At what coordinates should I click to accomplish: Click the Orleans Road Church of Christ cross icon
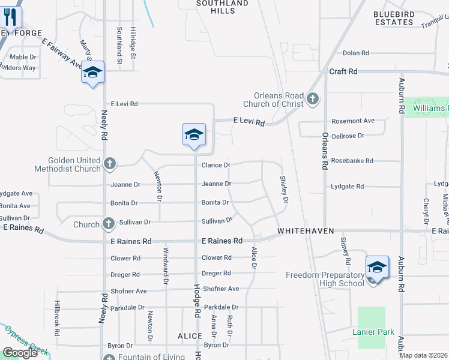(x=312, y=98)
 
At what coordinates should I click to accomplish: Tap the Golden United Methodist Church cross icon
(x=109, y=163)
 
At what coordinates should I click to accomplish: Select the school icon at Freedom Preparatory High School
(x=377, y=267)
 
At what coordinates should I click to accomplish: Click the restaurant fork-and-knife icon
(x=11, y=18)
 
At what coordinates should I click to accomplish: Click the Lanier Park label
(x=373, y=332)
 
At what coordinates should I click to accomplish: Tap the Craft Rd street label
(x=343, y=71)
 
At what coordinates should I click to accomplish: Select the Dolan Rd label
(x=356, y=53)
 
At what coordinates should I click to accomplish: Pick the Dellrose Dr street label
(x=348, y=136)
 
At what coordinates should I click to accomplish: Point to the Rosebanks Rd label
(x=352, y=161)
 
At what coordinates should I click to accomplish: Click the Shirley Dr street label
(x=284, y=189)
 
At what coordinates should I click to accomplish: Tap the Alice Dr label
(x=254, y=259)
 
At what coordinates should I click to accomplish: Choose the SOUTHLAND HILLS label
(x=222, y=7)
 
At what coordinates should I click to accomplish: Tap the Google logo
(x=20, y=353)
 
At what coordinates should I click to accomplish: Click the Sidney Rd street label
(x=345, y=251)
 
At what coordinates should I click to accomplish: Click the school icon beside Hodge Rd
(x=194, y=135)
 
